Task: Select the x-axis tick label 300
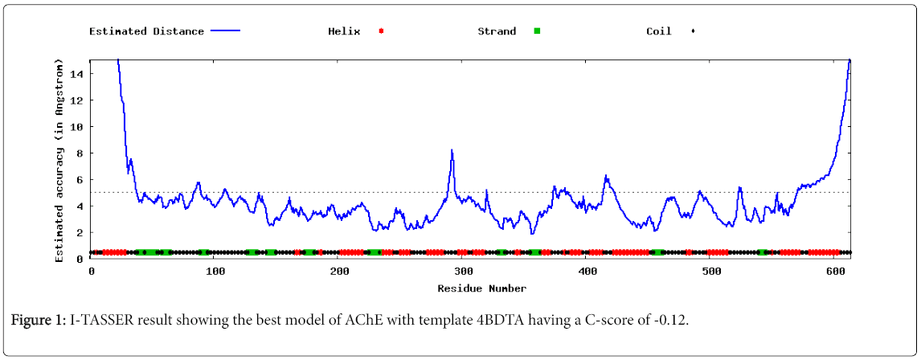click(x=464, y=272)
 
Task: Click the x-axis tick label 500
click(x=712, y=272)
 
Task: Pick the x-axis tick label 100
click(x=215, y=272)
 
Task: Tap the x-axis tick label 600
click(x=837, y=272)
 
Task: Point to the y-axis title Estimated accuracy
click(x=59, y=161)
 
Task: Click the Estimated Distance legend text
click(x=146, y=31)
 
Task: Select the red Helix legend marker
click(x=382, y=31)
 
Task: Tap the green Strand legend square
click(x=537, y=31)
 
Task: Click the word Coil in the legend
click(x=659, y=31)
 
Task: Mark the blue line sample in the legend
click(x=225, y=31)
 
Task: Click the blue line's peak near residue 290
click(x=452, y=150)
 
